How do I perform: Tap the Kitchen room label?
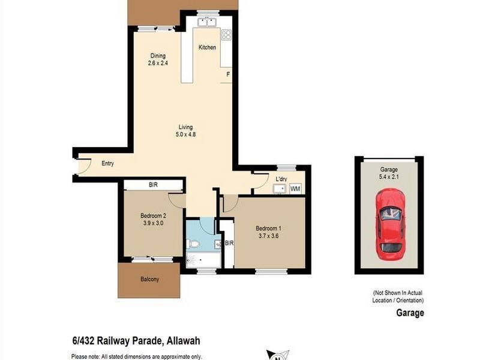tap(207, 47)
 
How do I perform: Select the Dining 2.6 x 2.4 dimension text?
tap(157, 62)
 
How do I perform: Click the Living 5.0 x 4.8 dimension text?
tap(187, 134)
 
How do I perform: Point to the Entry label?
tap(107, 164)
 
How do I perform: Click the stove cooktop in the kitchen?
tap(226, 35)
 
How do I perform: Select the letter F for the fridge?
tap(227, 74)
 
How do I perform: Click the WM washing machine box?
tap(295, 189)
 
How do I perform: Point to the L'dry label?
tap(282, 179)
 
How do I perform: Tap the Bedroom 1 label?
tap(268, 228)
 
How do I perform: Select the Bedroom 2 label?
tap(153, 216)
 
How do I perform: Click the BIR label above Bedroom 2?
tap(153, 185)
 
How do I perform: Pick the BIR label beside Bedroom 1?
tap(229, 243)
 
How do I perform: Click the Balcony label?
tap(149, 279)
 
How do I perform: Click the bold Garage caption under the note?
tap(410, 313)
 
